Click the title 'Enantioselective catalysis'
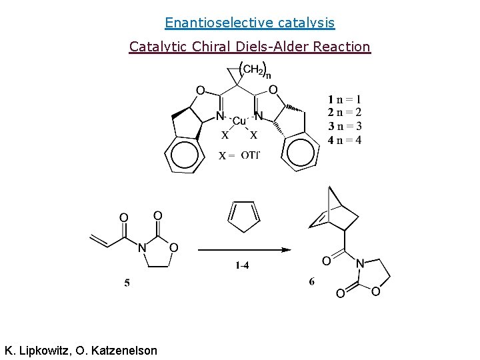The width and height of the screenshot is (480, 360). click(249, 23)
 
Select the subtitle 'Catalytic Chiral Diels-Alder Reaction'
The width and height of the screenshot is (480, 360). click(249, 47)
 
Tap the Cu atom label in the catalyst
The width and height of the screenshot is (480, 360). click(239, 121)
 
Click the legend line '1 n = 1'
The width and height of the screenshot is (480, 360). click(344, 101)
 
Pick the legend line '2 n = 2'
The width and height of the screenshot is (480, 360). click(344, 113)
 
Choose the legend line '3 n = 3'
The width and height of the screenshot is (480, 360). click(344, 127)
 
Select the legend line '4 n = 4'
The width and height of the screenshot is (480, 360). click(344, 140)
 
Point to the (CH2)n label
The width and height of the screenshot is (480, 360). click(253, 69)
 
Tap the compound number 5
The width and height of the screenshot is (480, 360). click(127, 283)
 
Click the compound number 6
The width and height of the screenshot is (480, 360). click(312, 281)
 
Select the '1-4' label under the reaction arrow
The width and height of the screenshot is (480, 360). click(243, 265)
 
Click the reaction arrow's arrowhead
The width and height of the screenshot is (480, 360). click(286, 250)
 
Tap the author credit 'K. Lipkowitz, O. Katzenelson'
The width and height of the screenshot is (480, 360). click(81, 350)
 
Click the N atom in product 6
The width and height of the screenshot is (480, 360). click(360, 263)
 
